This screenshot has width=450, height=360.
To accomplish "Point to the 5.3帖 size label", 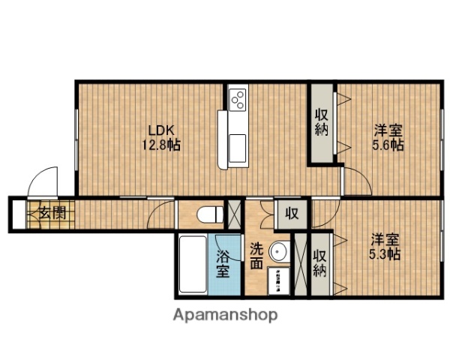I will tap(385, 254).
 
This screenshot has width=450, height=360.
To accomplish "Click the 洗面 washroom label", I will tap(256, 255).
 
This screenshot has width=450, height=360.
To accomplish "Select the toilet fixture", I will tap(209, 214).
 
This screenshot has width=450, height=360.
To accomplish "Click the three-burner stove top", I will tap(238, 98).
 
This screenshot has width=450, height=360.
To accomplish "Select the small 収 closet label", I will tap(292, 214).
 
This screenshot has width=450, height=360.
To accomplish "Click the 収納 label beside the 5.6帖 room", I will tap(322, 122).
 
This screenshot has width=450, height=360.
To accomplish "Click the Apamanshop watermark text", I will tap(226, 313).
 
